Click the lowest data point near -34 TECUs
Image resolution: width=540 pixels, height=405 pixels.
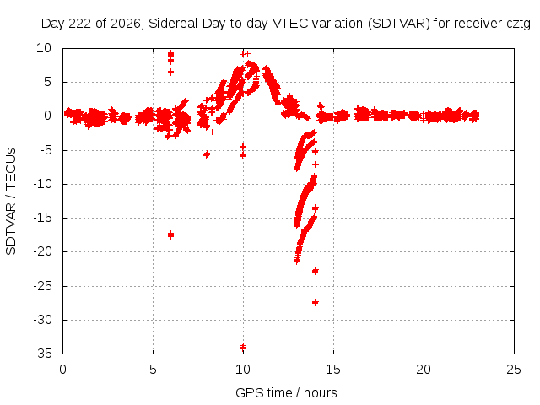click(x=243, y=347)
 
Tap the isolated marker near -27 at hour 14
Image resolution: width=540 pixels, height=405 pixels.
click(x=315, y=302)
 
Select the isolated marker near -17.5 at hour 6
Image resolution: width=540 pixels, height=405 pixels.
click(x=170, y=235)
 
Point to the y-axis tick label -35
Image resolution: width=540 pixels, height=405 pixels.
click(x=42, y=354)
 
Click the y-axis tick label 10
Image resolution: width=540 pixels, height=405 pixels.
click(x=44, y=48)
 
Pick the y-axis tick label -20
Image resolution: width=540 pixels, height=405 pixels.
click(x=42, y=251)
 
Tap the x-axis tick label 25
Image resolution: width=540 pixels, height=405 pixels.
click(x=514, y=370)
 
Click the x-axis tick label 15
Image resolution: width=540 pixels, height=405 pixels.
click(x=333, y=370)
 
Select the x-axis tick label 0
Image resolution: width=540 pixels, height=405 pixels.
click(x=62, y=370)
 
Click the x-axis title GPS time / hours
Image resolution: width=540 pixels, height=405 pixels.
click(x=286, y=393)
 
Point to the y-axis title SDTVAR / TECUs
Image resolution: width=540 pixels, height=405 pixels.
click(x=11, y=202)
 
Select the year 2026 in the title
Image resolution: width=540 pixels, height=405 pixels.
click(x=126, y=24)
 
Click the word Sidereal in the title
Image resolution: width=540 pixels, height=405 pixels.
click(x=173, y=24)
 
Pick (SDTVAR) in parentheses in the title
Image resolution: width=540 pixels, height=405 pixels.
click(x=399, y=24)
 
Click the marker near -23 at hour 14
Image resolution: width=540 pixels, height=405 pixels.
click(x=315, y=271)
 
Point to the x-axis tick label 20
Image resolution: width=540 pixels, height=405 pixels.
click(x=424, y=370)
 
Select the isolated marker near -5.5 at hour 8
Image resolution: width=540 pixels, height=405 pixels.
click(x=207, y=154)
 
